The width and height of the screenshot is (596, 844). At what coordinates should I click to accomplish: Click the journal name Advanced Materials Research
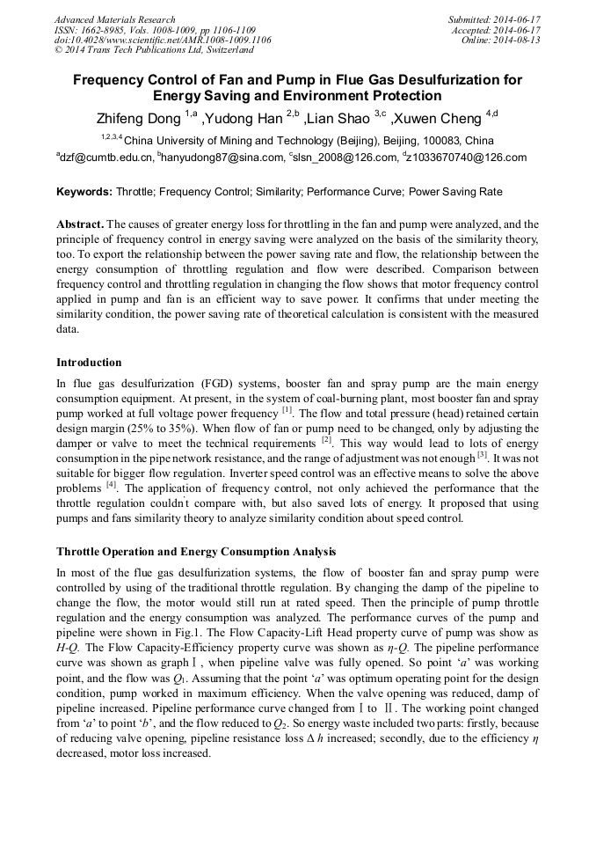click(114, 19)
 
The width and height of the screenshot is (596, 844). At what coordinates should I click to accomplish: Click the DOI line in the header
click(163, 40)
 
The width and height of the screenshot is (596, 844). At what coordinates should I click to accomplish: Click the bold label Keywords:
click(84, 191)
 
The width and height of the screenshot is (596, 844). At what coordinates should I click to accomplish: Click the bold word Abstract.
click(81, 224)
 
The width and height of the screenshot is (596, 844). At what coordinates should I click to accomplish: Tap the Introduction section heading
click(89, 363)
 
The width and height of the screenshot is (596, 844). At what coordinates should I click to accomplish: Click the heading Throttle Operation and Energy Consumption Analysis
click(195, 552)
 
